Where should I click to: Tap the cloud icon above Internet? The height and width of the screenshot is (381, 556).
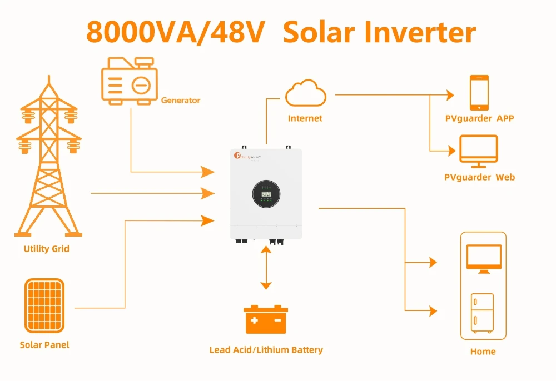pos(305,93)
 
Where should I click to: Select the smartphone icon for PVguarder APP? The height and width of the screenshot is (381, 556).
pos(479,93)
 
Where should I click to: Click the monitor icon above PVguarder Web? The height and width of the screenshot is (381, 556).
pos(478,151)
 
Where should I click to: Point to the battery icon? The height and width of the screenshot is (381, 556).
pos(266,319)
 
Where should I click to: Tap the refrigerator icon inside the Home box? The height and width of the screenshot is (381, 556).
pos(482,312)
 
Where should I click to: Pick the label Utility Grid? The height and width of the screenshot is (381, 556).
pos(46,249)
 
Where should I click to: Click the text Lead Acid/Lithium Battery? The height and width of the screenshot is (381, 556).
pos(266,350)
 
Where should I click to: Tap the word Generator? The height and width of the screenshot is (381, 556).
pos(181,101)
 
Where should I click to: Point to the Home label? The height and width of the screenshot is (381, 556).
pos(483,352)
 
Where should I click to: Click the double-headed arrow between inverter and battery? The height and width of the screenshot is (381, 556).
pos(266,268)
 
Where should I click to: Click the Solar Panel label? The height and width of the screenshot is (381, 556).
pos(44,345)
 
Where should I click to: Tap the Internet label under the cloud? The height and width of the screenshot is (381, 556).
pos(305,118)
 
